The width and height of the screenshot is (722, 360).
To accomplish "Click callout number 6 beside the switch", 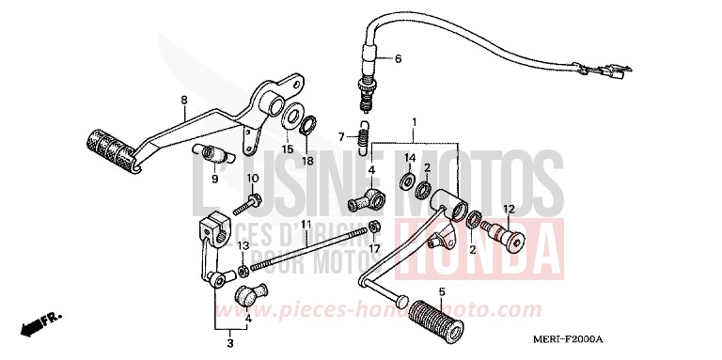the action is click(x=398, y=59).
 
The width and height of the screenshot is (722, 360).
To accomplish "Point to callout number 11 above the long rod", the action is click(x=306, y=225).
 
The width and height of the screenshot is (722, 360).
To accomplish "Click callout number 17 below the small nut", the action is click(x=374, y=249).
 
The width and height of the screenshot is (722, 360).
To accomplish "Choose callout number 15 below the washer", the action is click(x=288, y=149).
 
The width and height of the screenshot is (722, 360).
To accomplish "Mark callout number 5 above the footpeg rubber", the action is click(x=442, y=290).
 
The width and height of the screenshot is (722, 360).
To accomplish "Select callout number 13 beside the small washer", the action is click(x=243, y=246).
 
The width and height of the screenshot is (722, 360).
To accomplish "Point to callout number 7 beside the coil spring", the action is click(x=342, y=137).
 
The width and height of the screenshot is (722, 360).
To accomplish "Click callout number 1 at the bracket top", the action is click(x=415, y=121).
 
